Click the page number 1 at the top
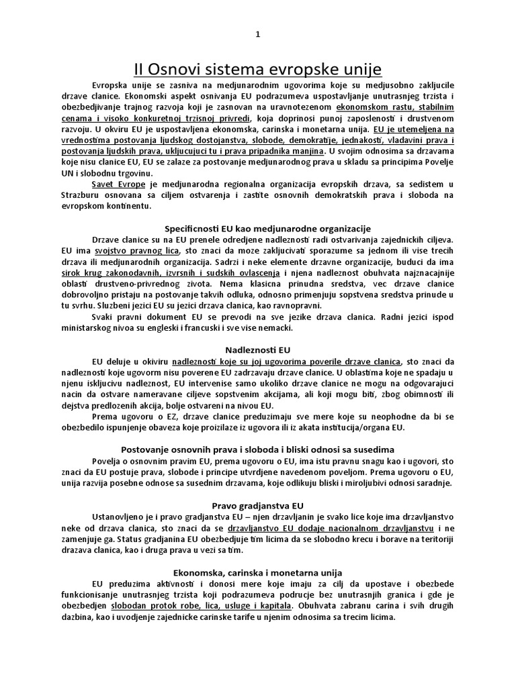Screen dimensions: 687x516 [x=258, y=36]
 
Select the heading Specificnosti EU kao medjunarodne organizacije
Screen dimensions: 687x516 [x=267, y=229]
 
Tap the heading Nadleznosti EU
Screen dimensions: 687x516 [x=257, y=350]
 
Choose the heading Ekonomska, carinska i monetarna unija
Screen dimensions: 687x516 [x=258, y=572]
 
